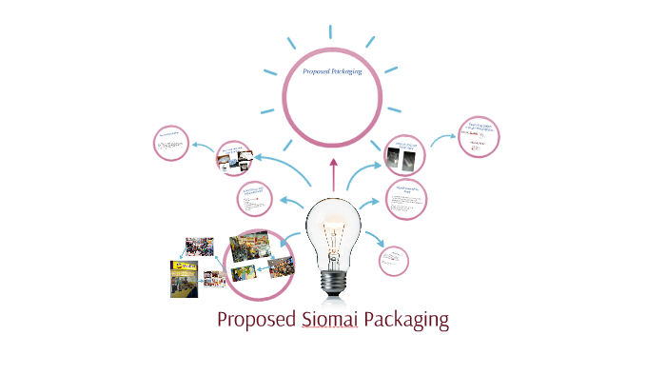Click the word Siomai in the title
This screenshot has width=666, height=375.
pos(329,320)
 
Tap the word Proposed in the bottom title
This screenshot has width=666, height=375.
pos(256,320)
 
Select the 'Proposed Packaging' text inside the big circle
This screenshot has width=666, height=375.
pos(332,72)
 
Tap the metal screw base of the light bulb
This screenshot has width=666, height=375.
pos(333,280)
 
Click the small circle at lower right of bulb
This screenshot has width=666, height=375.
pos(394,261)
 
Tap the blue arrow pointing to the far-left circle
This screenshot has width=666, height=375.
pos(202,147)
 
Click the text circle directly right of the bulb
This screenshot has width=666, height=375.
pos(406,200)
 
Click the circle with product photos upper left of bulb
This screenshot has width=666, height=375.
pos(236,158)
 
